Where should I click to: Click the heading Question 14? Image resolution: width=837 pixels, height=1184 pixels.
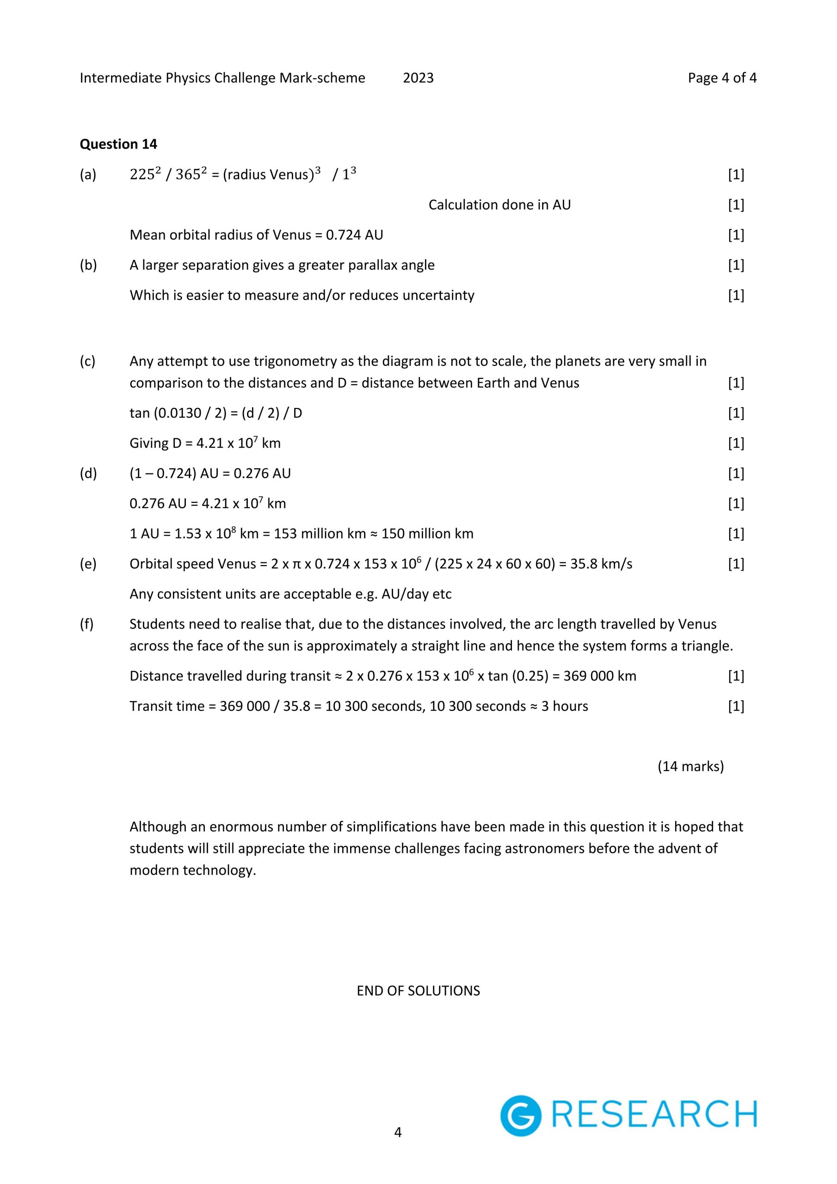click(118, 144)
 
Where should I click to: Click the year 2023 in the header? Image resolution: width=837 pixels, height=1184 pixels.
click(418, 78)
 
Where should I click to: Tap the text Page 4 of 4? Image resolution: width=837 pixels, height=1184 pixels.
click(721, 78)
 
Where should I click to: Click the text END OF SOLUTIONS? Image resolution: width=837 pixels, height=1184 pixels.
click(418, 991)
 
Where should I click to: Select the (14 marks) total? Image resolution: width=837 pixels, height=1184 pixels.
click(690, 766)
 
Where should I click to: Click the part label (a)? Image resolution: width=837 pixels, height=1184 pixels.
click(88, 175)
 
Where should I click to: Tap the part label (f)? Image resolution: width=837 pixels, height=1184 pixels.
click(86, 624)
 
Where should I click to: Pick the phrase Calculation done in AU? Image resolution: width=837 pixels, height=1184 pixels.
click(499, 205)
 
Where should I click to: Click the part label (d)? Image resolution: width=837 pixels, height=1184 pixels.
click(88, 474)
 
